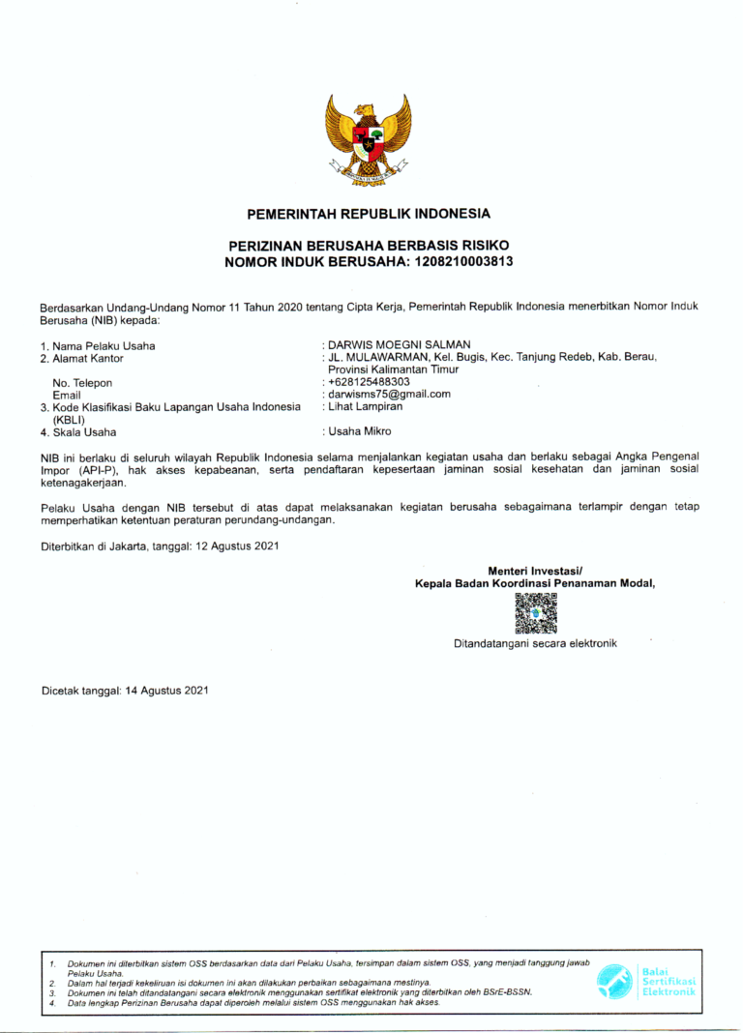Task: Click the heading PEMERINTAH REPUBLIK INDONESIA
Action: (369, 213)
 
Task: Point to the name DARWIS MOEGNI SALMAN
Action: (400, 345)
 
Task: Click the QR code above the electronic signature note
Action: (535, 613)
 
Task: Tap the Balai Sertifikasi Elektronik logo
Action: (646, 980)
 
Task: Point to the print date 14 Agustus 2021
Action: (166, 691)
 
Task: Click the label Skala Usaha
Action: (84, 432)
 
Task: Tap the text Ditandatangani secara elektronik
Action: (535, 643)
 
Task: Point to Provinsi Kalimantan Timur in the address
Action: (394, 369)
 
